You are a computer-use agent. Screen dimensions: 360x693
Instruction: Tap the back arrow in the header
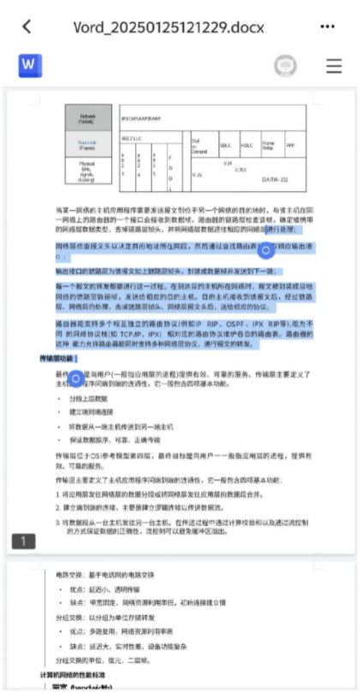tap(27, 26)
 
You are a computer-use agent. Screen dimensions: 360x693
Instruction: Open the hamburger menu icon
tap(333, 66)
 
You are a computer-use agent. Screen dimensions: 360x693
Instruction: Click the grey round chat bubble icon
tap(285, 66)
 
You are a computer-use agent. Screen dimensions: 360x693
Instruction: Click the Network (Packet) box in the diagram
tap(88, 117)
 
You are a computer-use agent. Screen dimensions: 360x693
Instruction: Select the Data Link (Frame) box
tap(88, 142)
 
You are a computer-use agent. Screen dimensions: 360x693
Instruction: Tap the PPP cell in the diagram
tap(291, 145)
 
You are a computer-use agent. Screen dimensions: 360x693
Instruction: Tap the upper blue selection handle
tap(266, 250)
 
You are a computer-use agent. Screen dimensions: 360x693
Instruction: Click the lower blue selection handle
tap(75, 377)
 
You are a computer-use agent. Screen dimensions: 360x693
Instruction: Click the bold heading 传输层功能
tap(57, 357)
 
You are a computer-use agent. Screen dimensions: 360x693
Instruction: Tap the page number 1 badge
tap(23, 541)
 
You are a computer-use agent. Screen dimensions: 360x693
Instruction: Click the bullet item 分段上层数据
tap(89, 398)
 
